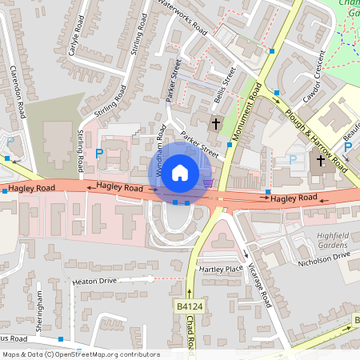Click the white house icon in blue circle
180,172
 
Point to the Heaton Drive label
94,282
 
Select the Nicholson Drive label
324,256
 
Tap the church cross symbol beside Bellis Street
214,123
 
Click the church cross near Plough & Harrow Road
320,161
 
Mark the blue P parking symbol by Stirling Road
99,153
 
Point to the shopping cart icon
209,182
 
